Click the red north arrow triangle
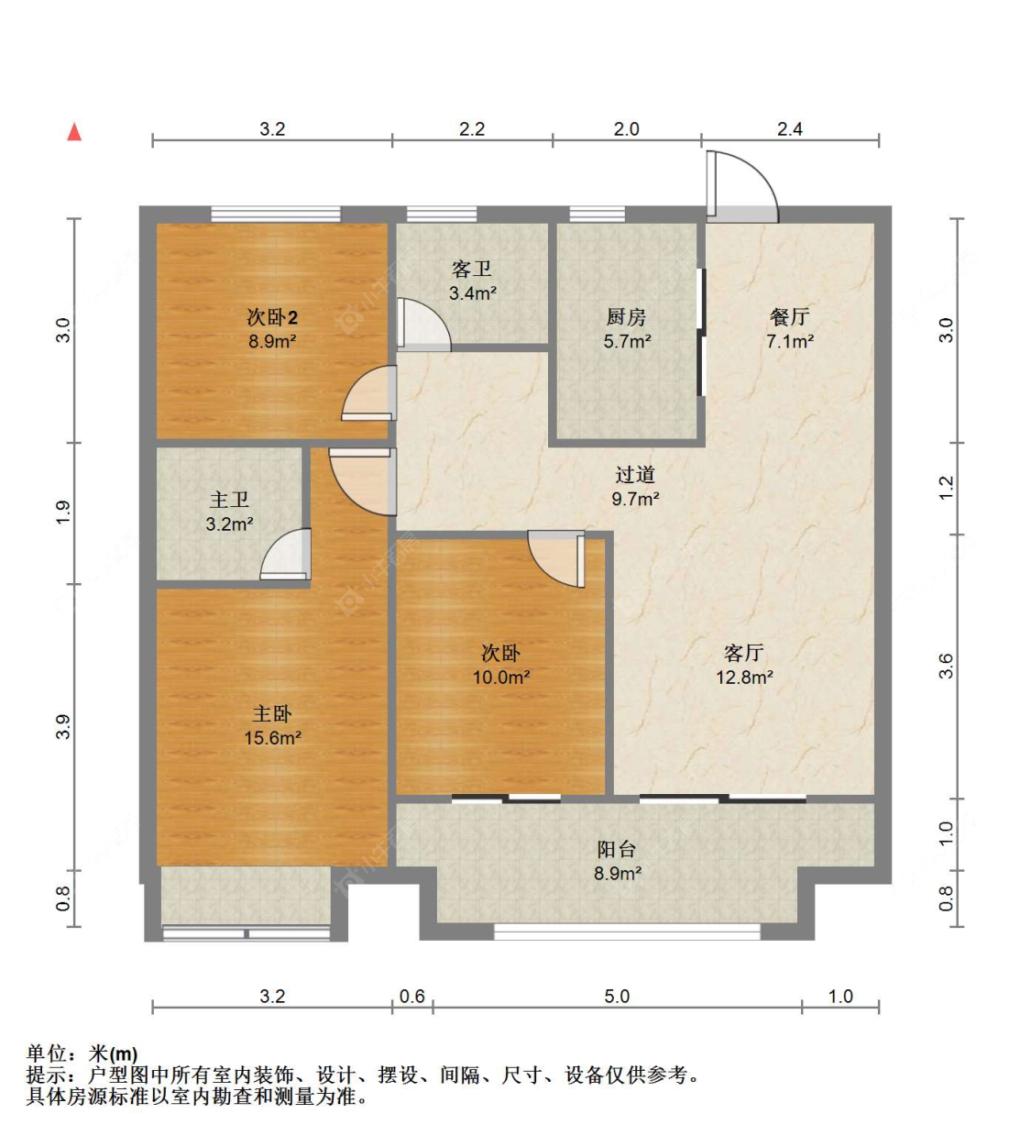coord(74,131)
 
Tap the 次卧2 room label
coord(272,316)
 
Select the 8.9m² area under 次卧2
coord(272,341)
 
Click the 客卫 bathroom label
coord(471,269)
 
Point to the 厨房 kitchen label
coord(626,316)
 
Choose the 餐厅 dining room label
coord(790,316)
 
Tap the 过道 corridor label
coord(635,475)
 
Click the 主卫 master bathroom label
coord(229,500)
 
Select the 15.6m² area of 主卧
coord(272,737)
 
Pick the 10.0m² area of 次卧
coord(500,677)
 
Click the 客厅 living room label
coord(744,653)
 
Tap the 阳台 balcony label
coord(617,849)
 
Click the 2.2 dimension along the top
coord(472,129)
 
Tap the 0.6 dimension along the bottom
coord(412,997)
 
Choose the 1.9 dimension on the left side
coord(63,513)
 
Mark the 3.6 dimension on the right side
coord(947,667)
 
